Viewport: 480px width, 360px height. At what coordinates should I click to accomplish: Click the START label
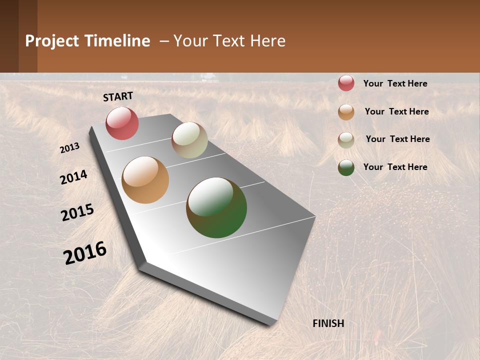118,96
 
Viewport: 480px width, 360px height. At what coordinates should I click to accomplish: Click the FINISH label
328,323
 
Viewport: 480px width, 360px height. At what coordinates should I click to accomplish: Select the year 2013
70,148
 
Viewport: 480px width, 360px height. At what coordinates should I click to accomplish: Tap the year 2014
74,177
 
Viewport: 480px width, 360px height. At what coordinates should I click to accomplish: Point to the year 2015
77,212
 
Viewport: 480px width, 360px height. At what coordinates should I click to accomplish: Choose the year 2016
85,253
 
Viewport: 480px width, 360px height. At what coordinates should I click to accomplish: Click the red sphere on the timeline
122,123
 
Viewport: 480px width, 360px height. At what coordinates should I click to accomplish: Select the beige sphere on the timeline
189,140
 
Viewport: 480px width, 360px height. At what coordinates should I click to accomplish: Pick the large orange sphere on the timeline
145,180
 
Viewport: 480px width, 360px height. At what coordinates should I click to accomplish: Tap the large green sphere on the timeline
216,207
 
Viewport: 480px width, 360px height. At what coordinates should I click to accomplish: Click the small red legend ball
346,83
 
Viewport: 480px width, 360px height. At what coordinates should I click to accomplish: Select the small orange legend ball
346,112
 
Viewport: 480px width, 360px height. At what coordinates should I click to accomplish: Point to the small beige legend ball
346,139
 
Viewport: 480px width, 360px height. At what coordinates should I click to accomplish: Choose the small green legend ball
346,167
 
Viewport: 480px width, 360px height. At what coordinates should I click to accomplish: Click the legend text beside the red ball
395,83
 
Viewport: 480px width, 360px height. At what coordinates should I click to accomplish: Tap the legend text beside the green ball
395,167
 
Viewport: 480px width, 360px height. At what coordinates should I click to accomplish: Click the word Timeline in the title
117,41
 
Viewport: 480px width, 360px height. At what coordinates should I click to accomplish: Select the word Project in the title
52,41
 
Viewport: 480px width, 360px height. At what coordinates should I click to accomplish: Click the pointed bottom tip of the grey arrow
270,324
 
